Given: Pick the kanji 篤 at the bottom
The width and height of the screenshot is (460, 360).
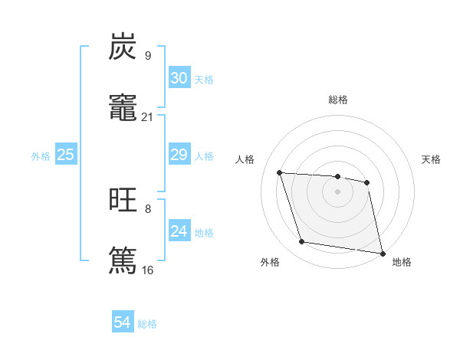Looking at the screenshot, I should coord(123,259).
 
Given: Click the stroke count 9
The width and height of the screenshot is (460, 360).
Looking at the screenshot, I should coord(147,56).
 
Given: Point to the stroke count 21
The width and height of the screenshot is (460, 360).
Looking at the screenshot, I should coord(147,116).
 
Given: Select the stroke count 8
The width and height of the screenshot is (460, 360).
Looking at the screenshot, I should coord(147,208).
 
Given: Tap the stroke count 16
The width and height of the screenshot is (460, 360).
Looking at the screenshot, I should coord(147,270).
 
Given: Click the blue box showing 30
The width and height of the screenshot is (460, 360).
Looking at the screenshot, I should coord(179,78).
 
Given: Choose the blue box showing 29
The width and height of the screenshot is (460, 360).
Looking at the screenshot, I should coord(179,155).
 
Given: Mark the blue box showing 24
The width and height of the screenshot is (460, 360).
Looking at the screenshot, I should coord(179,231).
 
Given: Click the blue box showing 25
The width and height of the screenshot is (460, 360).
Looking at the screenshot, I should coord(65,155).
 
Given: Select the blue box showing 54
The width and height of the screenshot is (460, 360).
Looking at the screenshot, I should coord(123,322).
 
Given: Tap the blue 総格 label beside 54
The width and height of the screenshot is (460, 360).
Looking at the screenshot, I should coord(147,324).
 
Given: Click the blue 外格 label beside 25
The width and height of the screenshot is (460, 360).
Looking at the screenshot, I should coord(41,156).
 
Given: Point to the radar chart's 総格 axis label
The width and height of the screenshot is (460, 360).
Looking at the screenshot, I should coord(337,100).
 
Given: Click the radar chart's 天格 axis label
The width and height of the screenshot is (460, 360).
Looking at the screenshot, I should coord(431,159).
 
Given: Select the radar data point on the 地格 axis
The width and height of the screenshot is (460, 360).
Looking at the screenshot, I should coord(382,253).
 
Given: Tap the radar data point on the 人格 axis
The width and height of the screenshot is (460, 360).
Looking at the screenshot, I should coord(280,172).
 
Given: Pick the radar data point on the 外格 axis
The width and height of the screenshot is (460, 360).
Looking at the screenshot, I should coord(302,242).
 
